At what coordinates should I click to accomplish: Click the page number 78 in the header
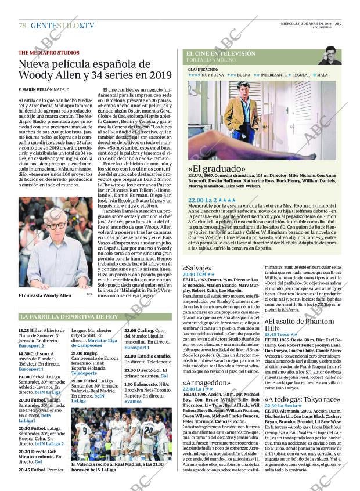click(22, 26)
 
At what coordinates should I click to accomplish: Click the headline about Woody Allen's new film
click(95, 69)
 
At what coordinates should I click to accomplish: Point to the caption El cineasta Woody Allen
click(45, 295)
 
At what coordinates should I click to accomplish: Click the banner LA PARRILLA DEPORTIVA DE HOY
click(69, 317)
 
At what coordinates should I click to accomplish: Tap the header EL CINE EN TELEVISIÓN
click(221, 53)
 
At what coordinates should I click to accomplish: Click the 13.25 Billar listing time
click(29, 330)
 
